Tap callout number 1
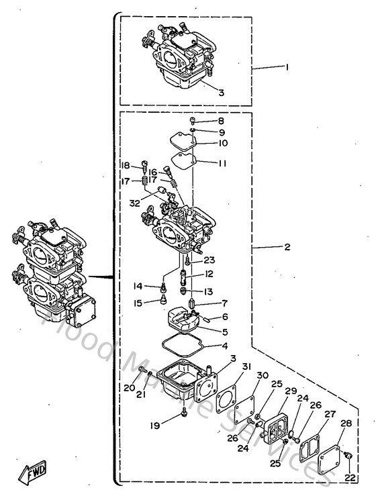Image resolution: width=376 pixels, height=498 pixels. point(287,67)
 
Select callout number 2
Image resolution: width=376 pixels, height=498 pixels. point(287,247)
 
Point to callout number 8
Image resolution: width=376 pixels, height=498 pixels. point(221,121)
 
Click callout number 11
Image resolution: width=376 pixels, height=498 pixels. point(222,163)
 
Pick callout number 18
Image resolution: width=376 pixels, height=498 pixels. point(126,166)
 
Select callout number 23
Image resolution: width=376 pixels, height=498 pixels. point(209,260)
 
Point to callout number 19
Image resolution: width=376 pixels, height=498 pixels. point(155,425)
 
